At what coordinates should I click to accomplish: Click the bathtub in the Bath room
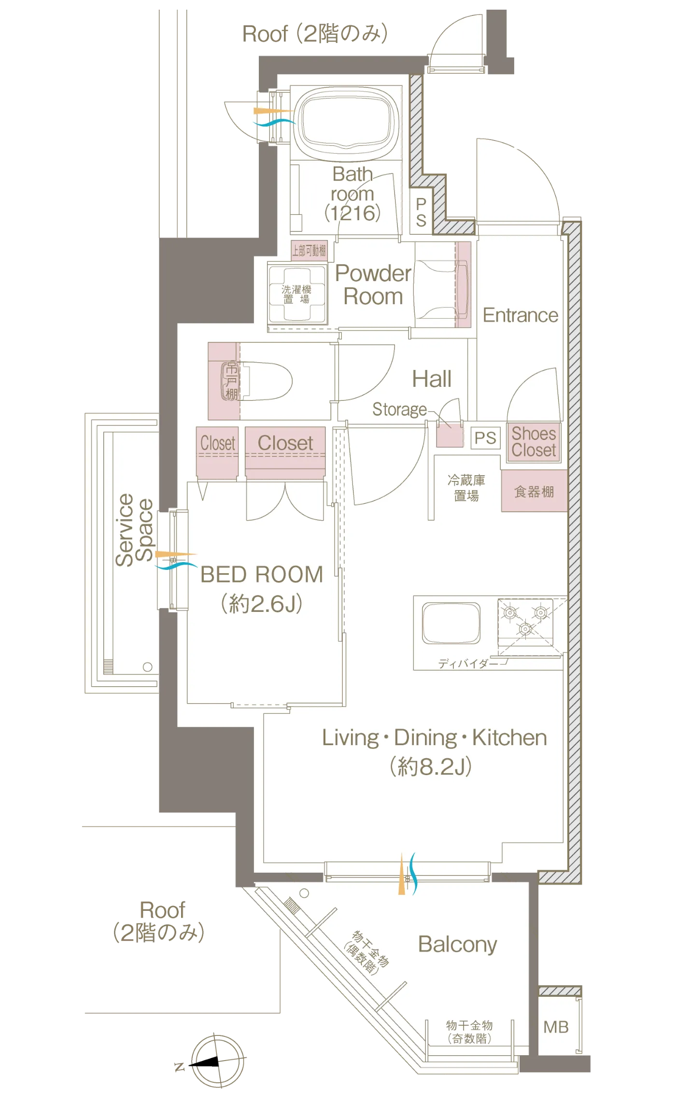pos(347,123)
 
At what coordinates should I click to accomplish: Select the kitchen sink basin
pos(451,623)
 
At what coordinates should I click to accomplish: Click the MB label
pos(556,1027)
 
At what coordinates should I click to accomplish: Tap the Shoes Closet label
pos(534,442)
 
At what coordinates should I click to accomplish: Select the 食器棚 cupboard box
pos(534,491)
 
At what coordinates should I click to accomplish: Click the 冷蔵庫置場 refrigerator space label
pos(466,488)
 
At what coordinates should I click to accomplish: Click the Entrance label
pos(521,315)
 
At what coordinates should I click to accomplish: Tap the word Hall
pos(432,379)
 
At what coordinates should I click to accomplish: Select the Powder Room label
pos(373,285)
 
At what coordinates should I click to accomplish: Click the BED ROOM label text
pos(262,575)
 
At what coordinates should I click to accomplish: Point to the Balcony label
pos(458,945)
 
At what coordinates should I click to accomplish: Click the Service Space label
pos(134,530)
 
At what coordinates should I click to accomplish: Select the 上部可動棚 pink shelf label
pos(309,251)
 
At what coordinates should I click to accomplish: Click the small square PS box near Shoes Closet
pos(485,438)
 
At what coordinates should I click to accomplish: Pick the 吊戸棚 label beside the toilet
pos(231,382)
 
